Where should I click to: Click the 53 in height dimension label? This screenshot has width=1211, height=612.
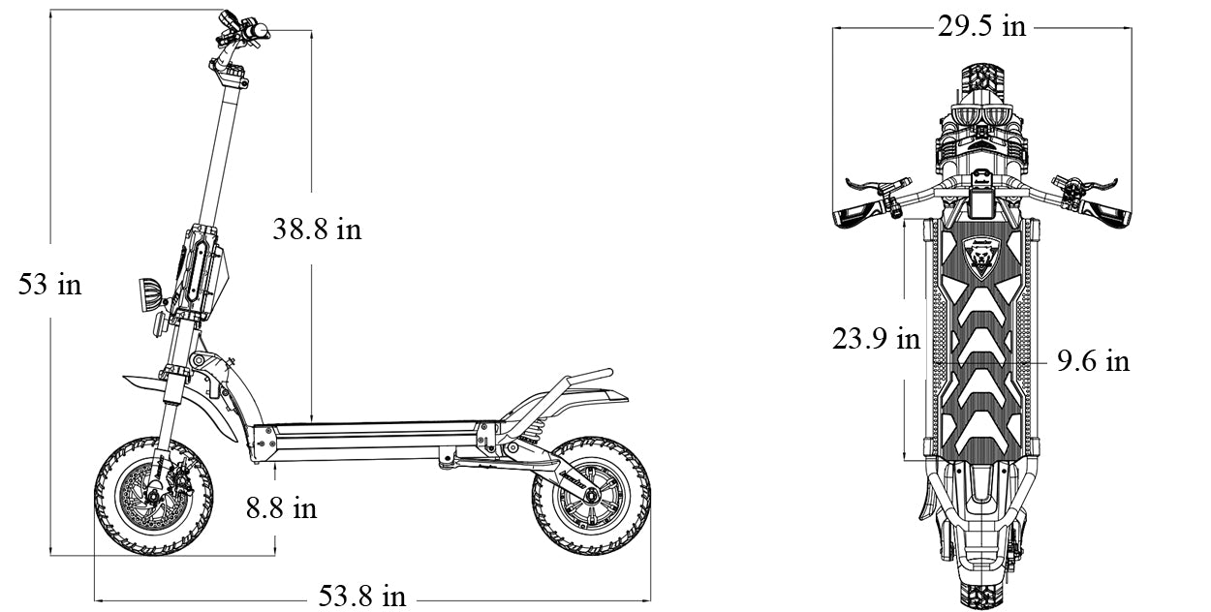click(x=49, y=284)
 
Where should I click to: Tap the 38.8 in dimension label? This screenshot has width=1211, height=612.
click(x=317, y=229)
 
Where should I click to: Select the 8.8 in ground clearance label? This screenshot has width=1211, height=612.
click(x=281, y=508)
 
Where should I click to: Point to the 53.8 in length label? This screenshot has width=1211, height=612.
click(x=361, y=596)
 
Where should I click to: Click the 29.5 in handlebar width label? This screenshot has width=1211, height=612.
click(x=981, y=26)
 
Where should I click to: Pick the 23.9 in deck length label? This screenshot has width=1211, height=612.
click(x=876, y=339)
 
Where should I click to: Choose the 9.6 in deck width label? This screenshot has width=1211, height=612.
click(x=1093, y=361)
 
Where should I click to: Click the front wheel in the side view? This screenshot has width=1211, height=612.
click(x=153, y=497)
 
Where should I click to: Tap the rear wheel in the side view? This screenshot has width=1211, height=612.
click(x=591, y=497)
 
